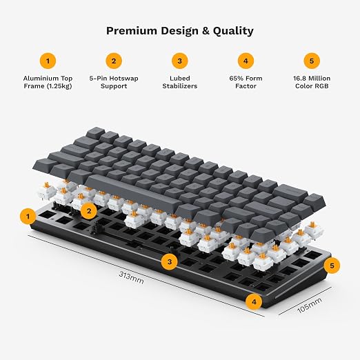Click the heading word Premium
coord(131,30)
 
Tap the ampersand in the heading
coord(206,31)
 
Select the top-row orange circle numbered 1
coord(48,61)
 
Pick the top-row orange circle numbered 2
coord(114,61)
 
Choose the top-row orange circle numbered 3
coord(180,61)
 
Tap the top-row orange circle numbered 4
coord(246,61)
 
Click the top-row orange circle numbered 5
coord(312,61)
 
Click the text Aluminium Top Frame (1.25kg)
coord(48,82)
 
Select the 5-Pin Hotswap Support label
coord(114,82)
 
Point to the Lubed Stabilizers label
coord(180,82)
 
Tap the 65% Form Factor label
coord(246,82)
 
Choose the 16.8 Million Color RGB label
coord(312,82)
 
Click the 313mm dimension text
coord(131,277)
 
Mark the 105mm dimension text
coord(310,305)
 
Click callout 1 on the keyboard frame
coord(28,217)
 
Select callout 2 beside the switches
coord(89,210)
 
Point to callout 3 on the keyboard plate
coord(170,261)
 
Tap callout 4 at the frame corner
coord(254,301)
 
